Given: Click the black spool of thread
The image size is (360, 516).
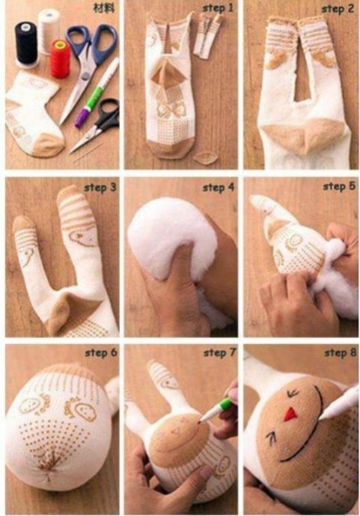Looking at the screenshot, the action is point(26,43).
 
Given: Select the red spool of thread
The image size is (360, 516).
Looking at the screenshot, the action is point(61,59).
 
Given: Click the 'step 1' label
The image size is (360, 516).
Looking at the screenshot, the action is point(217,8).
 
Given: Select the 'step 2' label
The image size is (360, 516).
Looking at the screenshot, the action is point(338,9).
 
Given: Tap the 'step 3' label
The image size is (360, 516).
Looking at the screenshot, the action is point(100,188).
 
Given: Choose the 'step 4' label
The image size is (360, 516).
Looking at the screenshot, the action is point(219,188).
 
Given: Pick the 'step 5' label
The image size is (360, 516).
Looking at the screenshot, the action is point(339,187).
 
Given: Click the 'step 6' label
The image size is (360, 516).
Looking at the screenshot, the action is point(101,353).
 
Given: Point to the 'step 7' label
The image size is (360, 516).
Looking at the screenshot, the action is point(220,353).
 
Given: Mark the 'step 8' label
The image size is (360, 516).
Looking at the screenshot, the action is point(341,353).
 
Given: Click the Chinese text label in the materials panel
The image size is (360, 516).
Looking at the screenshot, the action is point(104,8).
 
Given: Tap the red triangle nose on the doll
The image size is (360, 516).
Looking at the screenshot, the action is point(290,414).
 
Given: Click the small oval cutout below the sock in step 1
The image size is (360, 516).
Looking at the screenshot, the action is point(205,159).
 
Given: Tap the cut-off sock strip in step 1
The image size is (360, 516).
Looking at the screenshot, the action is point(207,36).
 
